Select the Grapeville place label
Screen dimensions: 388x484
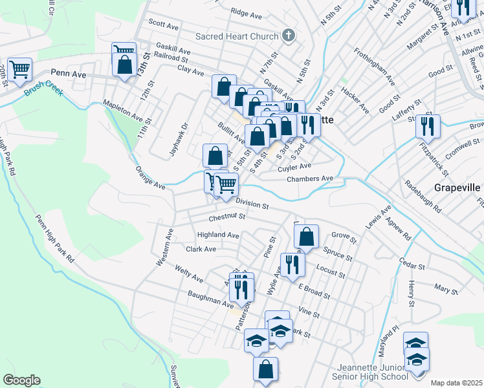point(457,188)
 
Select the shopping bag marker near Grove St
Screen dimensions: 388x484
point(308,237)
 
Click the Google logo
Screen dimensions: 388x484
point(21,380)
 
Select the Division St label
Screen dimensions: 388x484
point(252,203)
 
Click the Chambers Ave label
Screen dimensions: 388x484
point(310,178)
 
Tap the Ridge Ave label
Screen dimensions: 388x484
point(246,12)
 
